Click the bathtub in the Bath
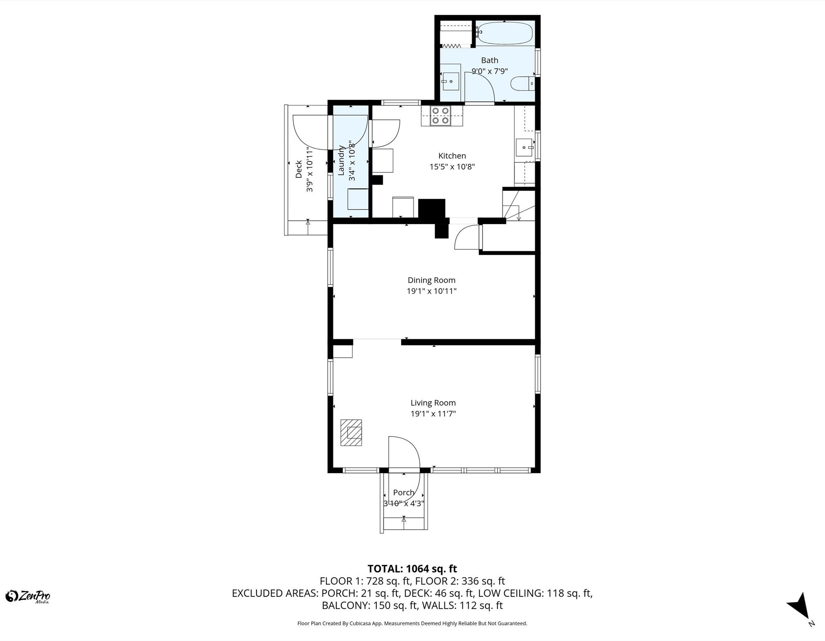[x=505, y=33]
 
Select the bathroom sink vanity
[x=450, y=81]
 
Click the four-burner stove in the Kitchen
[x=440, y=116]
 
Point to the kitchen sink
[x=524, y=147]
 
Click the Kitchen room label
[x=452, y=156]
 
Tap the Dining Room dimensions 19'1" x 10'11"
[x=432, y=291]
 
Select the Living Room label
[x=433, y=403]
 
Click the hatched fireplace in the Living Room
[x=351, y=432]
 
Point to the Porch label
[x=404, y=492]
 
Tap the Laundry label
[x=341, y=160]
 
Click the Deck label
[x=299, y=169]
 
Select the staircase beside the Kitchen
[x=518, y=205]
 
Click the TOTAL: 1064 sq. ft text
[x=412, y=569]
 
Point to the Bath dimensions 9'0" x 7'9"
[x=490, y=71]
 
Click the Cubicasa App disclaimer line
[x=412, y=623]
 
